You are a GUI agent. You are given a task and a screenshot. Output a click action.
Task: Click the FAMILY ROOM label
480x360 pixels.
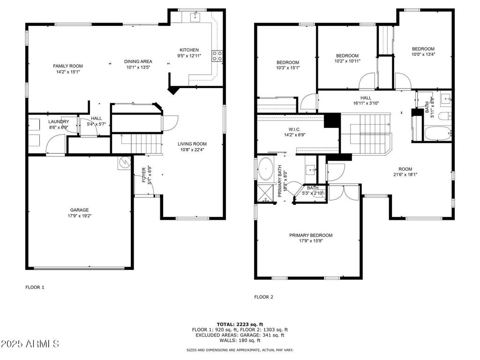pos(67,66)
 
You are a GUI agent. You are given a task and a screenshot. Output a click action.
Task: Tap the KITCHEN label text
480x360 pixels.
pos(189,50)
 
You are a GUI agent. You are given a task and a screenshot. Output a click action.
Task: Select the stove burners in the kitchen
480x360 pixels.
pos(217,56)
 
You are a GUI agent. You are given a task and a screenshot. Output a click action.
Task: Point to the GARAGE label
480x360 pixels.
pos(79,210)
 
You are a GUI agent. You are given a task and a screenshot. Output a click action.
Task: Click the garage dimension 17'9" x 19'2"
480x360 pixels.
pos(79,216)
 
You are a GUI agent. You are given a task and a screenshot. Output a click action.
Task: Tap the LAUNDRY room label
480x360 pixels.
pos(59,121)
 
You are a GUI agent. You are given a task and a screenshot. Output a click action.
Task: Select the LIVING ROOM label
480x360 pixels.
pos(192,144)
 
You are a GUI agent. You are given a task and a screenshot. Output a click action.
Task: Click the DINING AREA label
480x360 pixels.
pos(138,61)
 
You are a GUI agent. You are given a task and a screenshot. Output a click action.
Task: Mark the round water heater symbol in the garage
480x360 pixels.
pos(125,162)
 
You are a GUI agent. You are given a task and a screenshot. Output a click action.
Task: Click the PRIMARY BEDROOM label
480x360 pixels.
pos(310,235)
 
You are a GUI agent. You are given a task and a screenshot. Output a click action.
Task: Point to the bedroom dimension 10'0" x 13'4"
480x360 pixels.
pos(423,54)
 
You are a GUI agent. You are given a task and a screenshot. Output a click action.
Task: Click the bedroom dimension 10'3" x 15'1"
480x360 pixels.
pos(287,68)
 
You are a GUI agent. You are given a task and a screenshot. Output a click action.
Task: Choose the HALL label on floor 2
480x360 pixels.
pos(366,97)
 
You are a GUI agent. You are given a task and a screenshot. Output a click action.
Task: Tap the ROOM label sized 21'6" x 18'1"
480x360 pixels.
pos(405,169)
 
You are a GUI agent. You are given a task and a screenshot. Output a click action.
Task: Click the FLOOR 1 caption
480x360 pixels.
pos(35,287)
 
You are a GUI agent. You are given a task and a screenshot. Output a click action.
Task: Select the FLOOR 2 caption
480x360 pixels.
pos(263,297)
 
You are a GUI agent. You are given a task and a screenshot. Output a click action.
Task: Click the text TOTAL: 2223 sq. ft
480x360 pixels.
pos(240,324)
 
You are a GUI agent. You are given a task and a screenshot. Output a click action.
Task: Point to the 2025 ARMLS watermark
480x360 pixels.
pos(30,344)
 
